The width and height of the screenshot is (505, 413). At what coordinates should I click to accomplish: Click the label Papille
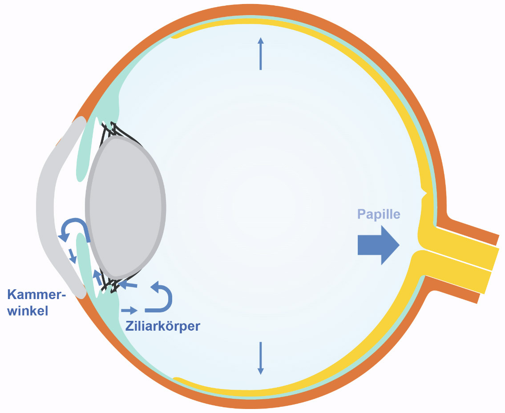(379, 214)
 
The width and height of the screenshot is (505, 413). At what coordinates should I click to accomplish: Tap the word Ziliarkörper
(163, 326)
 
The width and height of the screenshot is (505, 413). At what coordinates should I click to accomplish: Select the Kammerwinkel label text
(36, 303)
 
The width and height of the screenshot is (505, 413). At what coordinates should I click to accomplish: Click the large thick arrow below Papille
(379, 245)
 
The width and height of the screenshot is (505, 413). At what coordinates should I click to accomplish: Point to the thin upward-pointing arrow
(261, 53)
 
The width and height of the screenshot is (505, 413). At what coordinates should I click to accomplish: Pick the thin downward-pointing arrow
(261, 358)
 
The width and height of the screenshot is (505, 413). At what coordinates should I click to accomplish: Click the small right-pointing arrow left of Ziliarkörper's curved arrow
(129, 310)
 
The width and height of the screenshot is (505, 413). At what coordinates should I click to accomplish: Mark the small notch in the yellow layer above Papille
(424, 193)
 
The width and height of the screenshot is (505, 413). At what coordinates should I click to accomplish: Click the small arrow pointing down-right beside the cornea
(73, 255)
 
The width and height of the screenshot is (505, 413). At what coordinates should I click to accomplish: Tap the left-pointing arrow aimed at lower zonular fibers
(128, 284)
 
